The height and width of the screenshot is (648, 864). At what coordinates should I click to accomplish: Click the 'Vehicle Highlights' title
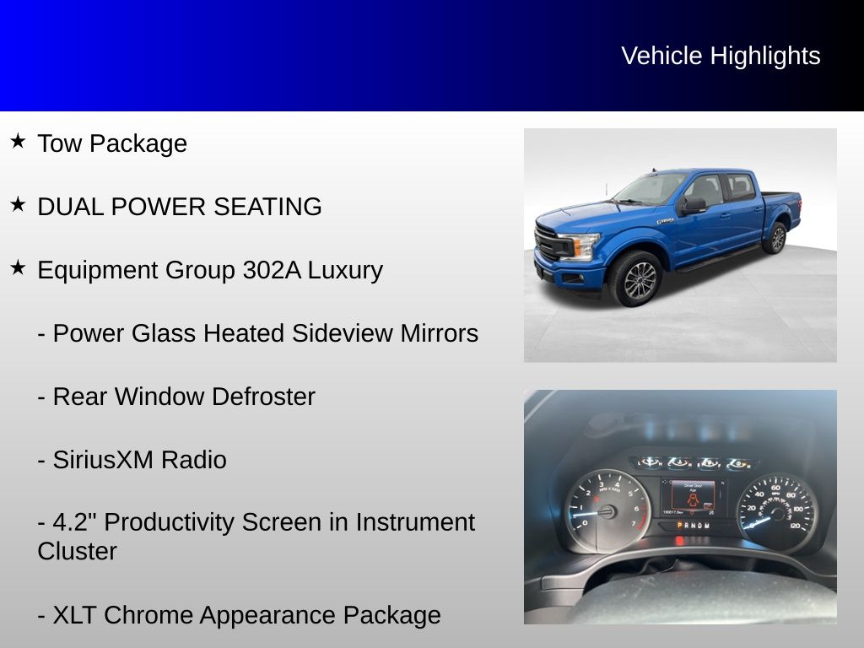(721, 56)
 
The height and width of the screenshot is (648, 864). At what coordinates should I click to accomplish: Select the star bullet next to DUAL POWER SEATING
(18, 203)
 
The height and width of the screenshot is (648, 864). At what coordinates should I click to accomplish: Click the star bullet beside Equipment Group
(18, 267)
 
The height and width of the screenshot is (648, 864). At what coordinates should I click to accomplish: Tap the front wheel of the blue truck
(639, 279)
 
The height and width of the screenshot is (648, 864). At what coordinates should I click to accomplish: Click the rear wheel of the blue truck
(775, 238)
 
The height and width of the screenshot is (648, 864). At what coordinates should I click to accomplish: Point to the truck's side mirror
(694, 205)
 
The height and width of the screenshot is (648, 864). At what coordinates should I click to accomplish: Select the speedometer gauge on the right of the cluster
(775, 511)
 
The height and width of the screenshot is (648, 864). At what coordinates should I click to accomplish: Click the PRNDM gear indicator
(693, 525)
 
